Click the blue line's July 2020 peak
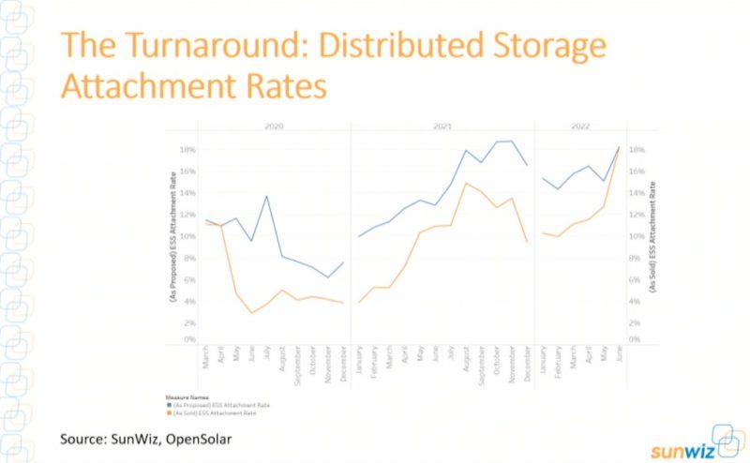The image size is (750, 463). [267, 196]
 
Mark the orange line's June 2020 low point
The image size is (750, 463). [251, 313]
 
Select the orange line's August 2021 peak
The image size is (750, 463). [466, 183]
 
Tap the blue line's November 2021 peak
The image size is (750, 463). [512, 141]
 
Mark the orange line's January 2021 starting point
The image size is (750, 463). [359, 302]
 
